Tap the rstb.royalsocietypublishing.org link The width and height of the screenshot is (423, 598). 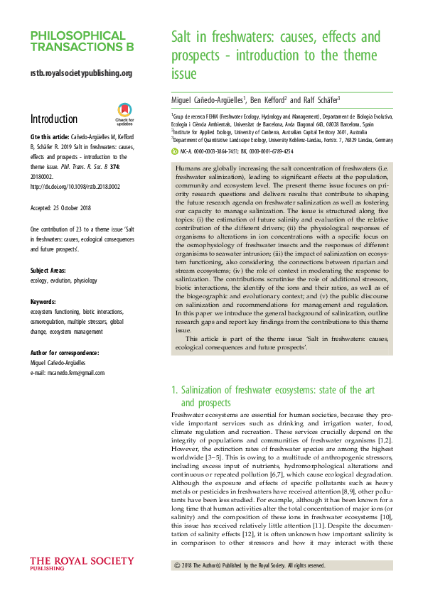82,73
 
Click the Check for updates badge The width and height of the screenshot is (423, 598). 124,113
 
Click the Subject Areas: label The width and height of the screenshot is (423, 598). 50,251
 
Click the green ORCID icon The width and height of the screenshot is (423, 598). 175,151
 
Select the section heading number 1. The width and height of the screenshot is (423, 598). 175,391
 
